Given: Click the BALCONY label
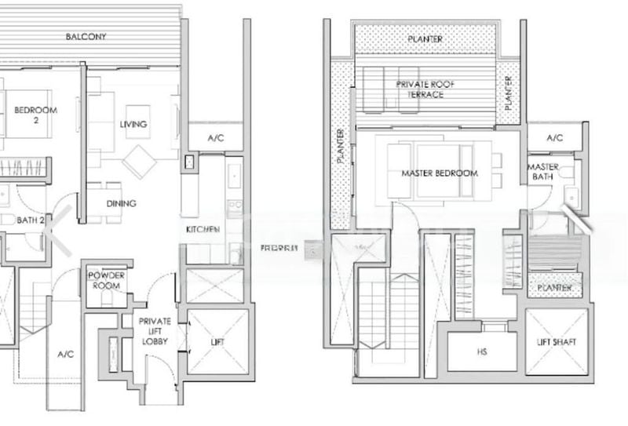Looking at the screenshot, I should [x=86, y=37].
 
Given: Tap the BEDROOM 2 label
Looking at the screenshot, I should [x=35, y=115].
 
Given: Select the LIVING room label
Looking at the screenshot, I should [x=133, y=125].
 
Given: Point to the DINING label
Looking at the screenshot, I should [x=122, y=204].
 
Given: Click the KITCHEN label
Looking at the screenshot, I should [x=203, y=229].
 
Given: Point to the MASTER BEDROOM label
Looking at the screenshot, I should [x=439, y=173].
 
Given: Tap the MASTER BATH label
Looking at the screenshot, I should [x=543, y=173].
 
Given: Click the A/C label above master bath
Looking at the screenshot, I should [x=555, y=138].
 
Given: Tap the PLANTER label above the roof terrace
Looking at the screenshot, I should [x=425, y=39].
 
